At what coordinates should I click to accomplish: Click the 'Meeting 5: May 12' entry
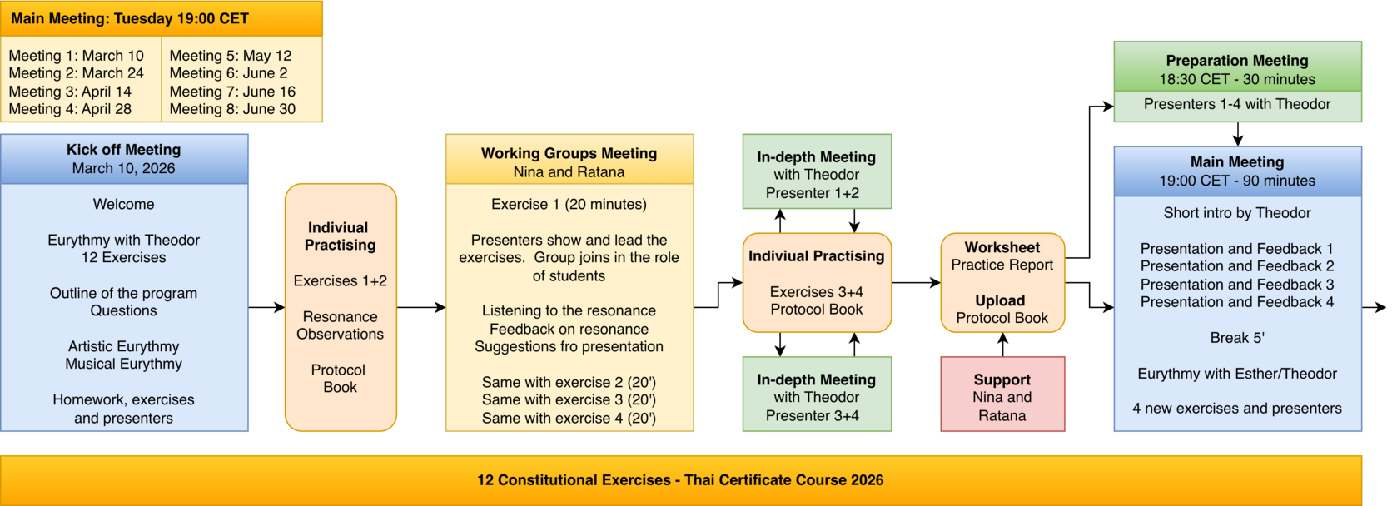pyautogui.click(x=231, y=56)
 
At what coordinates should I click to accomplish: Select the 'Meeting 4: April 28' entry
pyautogui.click(x=70, y=109)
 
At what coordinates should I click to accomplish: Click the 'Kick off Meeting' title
pyautogui.click(x=123, y=150)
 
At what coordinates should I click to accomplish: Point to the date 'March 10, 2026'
pyautogui.click(x=123, y=168)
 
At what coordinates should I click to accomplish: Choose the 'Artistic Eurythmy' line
pyautogui.click(x=123, y=346)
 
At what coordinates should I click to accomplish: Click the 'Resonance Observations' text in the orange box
pyautogui.click(x=340, y=325)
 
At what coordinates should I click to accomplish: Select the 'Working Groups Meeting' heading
pyautogui.click(x=569, y=153)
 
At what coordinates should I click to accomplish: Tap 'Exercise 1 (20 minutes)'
pyautogui.click(x=569, y=204)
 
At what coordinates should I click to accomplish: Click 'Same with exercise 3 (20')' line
pyautogui.click(x=569, y=399)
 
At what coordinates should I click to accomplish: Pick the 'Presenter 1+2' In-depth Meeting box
pyautogui.click(x=816, y=172)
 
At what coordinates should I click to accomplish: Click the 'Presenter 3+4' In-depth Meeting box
pyautogui.click(x=816, y=395)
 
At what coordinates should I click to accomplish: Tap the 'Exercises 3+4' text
pyautogui.click(x=816, y=292)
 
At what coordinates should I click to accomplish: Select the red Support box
pyautogui.click(x=1002, y=395)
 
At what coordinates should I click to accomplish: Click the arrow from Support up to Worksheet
pyautogui.click(x=1002, y=345)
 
